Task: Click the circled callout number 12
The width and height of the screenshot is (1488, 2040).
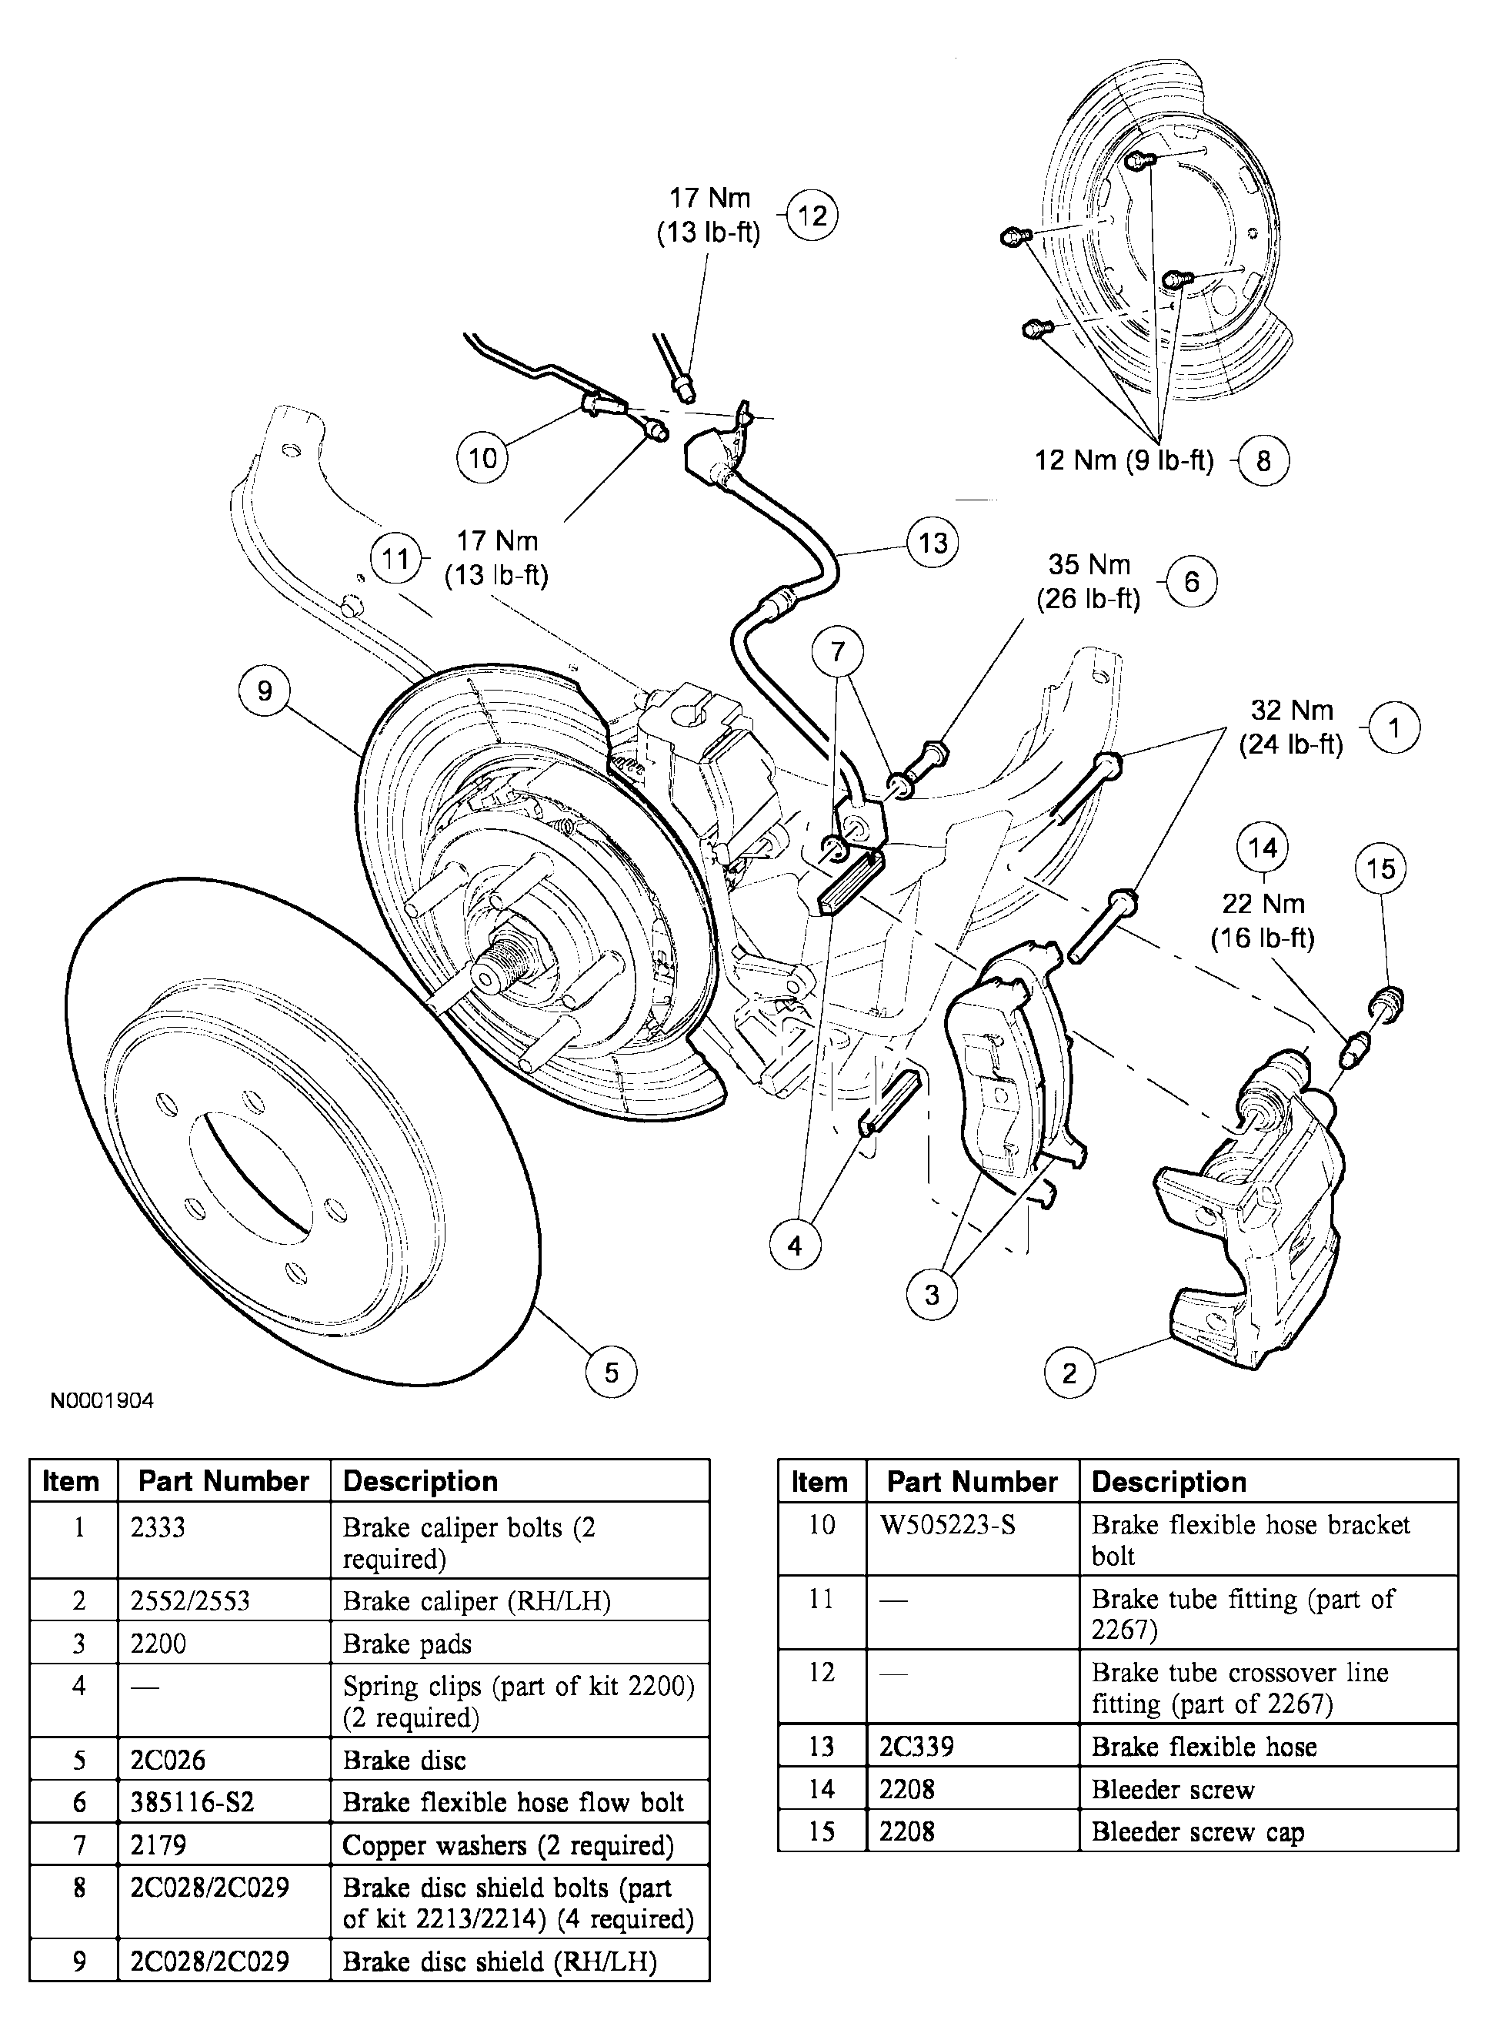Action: (x=812, y=216)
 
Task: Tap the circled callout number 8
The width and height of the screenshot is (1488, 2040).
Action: (x=1263, y=461)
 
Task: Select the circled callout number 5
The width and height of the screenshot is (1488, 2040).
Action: (x=611, y=1373)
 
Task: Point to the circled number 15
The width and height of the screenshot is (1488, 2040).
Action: (x=1380, y=870)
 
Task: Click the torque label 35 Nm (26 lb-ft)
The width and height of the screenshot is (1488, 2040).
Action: (x=1088, y=582)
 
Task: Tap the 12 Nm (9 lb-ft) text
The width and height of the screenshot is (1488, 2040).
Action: (x=1123, y=460)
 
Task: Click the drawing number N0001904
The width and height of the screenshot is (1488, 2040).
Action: (x=102, y=1401)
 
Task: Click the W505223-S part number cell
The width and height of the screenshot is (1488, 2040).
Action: (x=948, y=1526)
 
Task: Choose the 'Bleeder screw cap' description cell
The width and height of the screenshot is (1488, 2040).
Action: (x=1197, y=1832)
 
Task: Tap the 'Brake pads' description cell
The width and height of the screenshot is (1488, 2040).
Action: (x=407, y=1644)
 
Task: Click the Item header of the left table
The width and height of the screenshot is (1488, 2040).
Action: (x=71, y=1481)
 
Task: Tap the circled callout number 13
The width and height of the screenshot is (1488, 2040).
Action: (x=933, y=543)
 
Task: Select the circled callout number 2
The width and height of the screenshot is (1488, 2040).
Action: (x=1069, y=1373)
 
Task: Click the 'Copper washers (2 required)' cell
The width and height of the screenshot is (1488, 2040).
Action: (x=507, y=1845)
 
